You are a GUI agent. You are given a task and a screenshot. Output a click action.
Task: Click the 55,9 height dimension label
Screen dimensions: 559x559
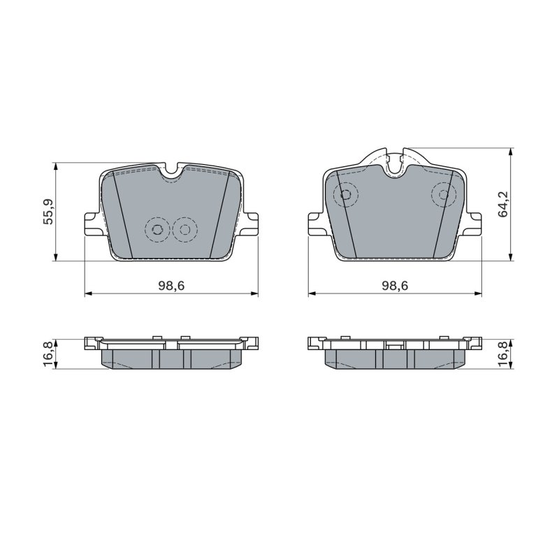[x=48, y=212]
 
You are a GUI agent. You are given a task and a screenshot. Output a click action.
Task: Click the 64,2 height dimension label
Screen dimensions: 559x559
[x=504, y=204]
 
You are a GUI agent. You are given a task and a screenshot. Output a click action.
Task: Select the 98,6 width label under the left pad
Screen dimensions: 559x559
[x=171, y=285]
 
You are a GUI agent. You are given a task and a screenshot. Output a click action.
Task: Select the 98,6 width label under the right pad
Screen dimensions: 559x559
[x=395, y=285]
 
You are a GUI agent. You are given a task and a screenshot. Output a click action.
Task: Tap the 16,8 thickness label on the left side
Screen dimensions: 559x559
[x=48, y=354]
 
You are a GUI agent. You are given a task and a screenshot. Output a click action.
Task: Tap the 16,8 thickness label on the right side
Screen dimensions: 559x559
[x=504, y=354]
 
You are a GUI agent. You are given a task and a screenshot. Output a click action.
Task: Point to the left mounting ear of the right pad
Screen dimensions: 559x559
[x=316, y=224]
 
